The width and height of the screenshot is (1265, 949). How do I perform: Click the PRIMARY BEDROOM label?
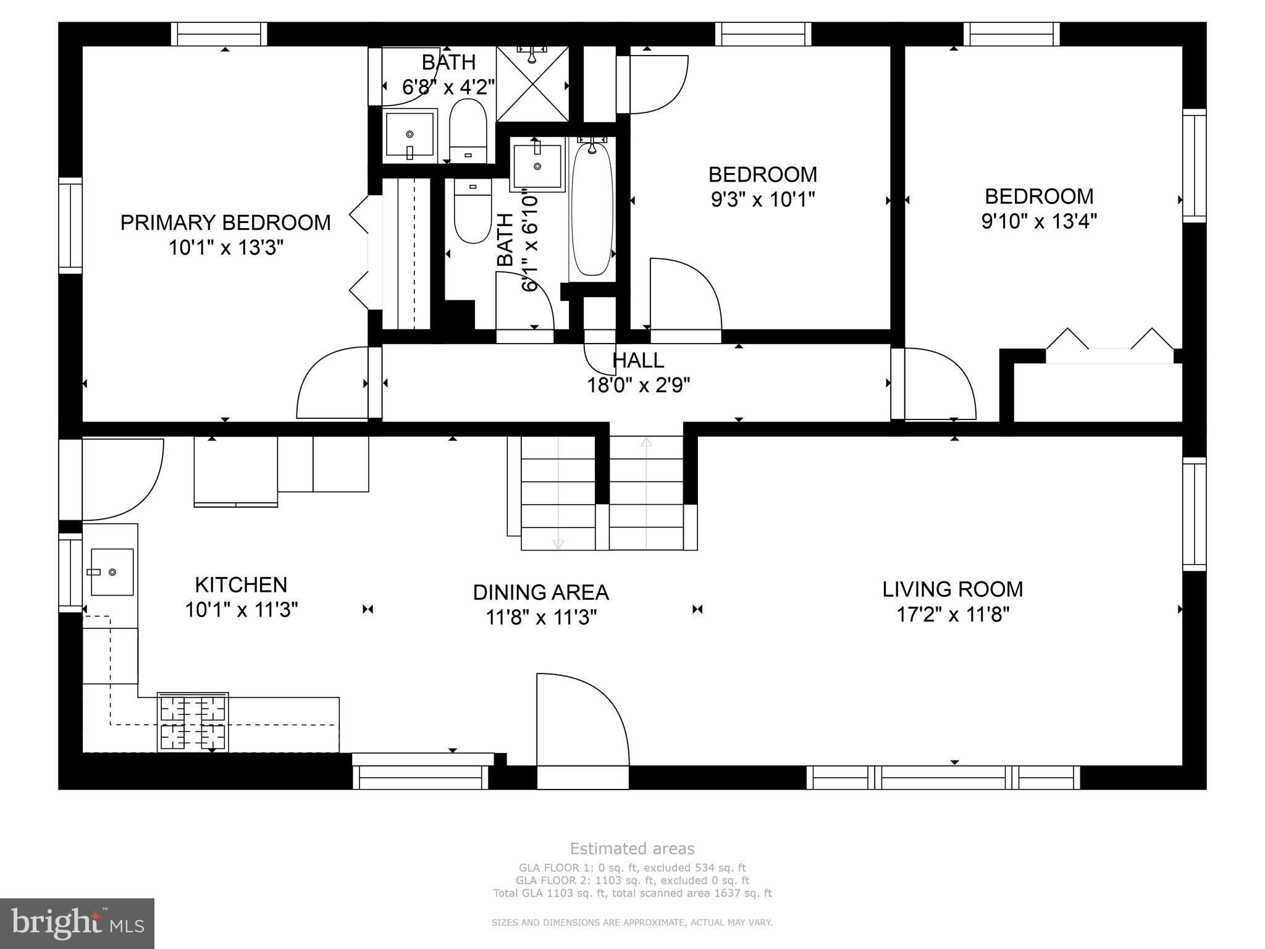(225, 222)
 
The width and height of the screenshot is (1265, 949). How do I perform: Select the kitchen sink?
(112, 572)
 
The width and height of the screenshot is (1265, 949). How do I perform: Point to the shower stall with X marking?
(532, 84)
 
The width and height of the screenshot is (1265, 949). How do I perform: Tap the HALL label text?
(638, 360)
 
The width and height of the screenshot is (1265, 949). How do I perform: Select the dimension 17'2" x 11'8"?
(952, 615)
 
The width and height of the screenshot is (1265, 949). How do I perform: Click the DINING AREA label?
(540, 593)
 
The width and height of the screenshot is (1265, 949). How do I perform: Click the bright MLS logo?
(77, 923)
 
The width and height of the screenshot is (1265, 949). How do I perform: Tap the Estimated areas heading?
(632, 849)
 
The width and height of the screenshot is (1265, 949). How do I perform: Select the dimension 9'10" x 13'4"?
(1039, 221)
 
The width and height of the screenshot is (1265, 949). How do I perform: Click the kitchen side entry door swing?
(120, 479)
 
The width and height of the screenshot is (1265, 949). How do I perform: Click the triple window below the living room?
(943, 777)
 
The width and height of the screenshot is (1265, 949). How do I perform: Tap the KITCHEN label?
(241, 584)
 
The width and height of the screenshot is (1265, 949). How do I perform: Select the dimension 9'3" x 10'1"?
(763, 200)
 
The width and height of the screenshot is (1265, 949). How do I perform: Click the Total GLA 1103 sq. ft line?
(632, 893)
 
